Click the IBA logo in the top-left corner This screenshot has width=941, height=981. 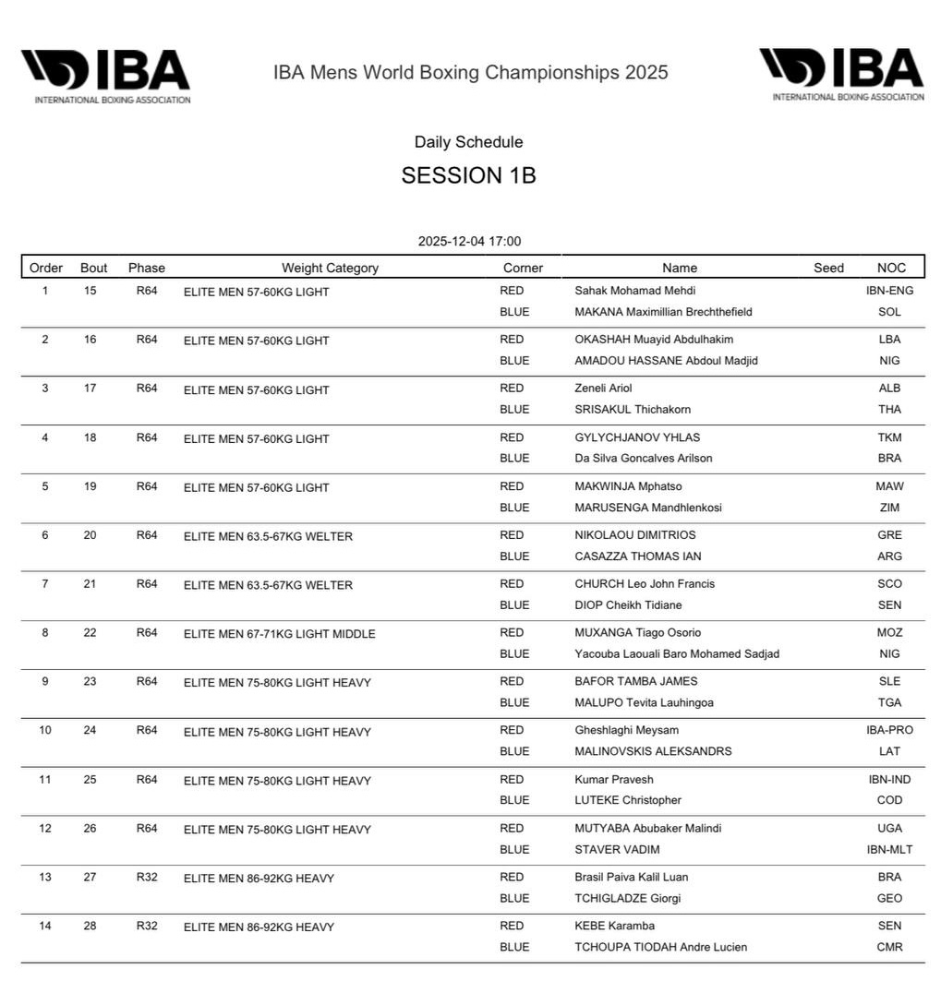pyautogui.click(x=105, y=75)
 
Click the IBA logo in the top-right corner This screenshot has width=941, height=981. pyautogui.click(x=840, y=73)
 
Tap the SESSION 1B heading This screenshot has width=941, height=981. pyautogui.click(x=468, y=175)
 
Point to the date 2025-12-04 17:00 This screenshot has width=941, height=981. pyautogui.click(x=469, y=242)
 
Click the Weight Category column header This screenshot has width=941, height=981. pyautogui.click(x=330, y=268)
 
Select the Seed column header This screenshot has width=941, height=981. pyautogui.click(x=828, y=268)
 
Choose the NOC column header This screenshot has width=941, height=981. pyautogui.click(x=891, y=268)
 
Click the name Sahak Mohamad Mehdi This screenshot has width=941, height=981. pyautogui.click(x=634, y=291)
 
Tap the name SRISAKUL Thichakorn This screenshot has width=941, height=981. pyautogui.click(x=633, y=410)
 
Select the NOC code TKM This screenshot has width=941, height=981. pyautogui.click(x=889, y=437)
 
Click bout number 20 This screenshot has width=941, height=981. pyautogui.click(x=90, y=535)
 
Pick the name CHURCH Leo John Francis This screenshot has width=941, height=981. pyautogui.click(x=645, y=584)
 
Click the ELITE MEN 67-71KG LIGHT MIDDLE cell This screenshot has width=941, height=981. pyautogui.click(x=279, y=634)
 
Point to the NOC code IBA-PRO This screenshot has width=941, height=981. pyautogui.click(x=889, y=730)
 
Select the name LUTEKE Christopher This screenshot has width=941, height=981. pyautogui.click(x=628, y=800)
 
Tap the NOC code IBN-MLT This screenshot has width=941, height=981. pyautogui.click(x=889, y=850)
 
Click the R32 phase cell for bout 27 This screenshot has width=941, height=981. pyautogui.click(x=147, y=877)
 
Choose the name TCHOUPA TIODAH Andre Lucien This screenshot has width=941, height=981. pyautogui.click(x=660, y=947)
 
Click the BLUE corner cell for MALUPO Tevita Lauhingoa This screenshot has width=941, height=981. pyautogui.click(x=514, y=702)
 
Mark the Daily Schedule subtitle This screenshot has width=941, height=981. pyautogui.click(x=468, y=142)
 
